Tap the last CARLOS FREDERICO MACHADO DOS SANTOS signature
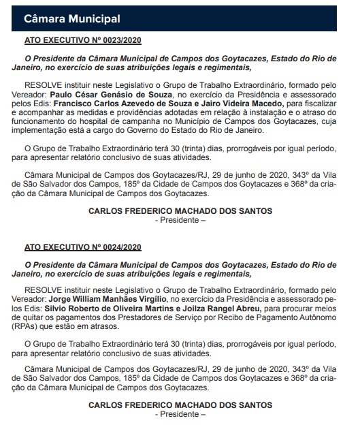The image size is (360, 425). point(180,406)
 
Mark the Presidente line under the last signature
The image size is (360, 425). point(180,415)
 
